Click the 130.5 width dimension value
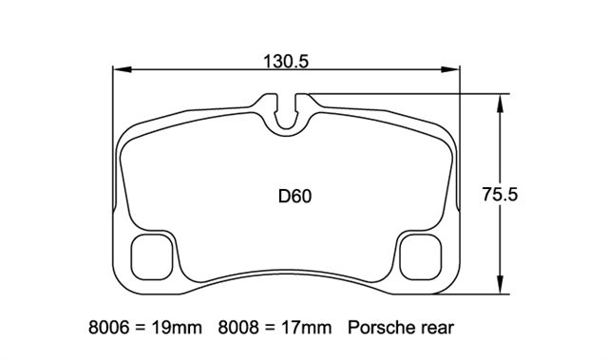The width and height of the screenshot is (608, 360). (x=286, y=62)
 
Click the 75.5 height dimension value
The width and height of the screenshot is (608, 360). (x=500, y=194)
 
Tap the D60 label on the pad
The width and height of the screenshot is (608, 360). (x=294, y=197)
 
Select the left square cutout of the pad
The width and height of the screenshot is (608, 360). (x=151, y=256)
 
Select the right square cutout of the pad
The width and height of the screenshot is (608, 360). (x=421, y=256)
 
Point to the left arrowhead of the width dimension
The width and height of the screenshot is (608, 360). (x=122, y=69)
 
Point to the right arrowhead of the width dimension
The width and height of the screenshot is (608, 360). (x=450, y=69)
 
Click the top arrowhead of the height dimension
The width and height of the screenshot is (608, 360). (x=501, y=104)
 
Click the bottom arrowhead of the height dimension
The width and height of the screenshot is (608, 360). (x=501, y=284)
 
